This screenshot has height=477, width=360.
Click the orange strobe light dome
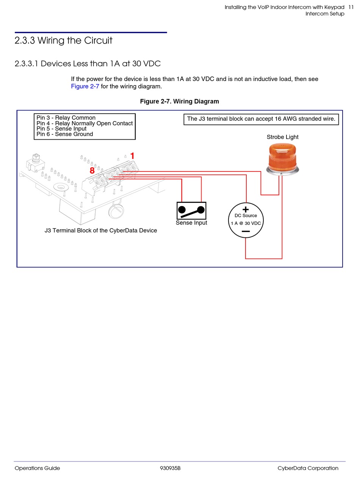(283, 157)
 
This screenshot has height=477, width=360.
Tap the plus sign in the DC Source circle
(246, 209)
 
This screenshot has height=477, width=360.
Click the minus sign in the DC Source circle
(246, 231)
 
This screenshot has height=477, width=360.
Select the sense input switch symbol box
(191, 210)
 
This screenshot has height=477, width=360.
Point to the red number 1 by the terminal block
(132, 156)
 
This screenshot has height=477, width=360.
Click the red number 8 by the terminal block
(92, 171)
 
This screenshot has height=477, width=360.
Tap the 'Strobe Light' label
(282, 137)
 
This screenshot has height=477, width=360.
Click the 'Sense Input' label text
(191, 223)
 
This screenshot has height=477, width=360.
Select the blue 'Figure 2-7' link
(85, 86)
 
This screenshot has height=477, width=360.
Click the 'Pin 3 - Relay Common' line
(66, 118)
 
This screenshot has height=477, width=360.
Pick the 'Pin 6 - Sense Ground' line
(64, 134)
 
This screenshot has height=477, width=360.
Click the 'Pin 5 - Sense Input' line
(61, 129)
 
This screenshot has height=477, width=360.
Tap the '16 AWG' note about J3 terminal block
(261, 119)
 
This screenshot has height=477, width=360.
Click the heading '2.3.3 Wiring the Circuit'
(63, 41)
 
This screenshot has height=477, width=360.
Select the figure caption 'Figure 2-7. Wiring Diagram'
(179, 101)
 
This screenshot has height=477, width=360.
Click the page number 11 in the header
(351, 7)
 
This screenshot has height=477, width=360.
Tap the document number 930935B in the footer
(170, 468)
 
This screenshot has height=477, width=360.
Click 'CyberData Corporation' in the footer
(308, 468)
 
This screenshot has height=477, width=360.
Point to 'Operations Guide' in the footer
(37, 468)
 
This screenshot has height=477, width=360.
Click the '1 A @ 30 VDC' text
(246, 223)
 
